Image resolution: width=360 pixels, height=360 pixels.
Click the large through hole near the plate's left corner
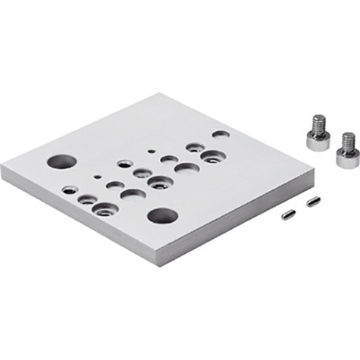pos(63,161)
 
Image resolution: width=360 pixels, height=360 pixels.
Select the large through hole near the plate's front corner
pos(162,217)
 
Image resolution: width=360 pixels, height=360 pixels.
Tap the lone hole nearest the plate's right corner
pos(221,134)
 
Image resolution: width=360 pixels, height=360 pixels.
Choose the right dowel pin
pos(311,202)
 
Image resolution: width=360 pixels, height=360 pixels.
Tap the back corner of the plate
pos(161,94)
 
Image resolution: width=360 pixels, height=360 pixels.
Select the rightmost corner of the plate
pos(310,174)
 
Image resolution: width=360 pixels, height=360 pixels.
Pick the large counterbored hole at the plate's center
pos(160,182)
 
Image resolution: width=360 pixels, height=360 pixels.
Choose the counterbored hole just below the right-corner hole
pos(210,156)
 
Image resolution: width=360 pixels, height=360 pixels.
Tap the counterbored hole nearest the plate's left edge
pos(70,189)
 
